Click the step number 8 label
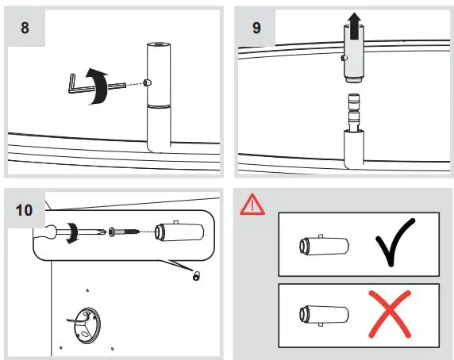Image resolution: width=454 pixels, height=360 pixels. (25, 29)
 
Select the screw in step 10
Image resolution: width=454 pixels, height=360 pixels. (126, 232)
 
